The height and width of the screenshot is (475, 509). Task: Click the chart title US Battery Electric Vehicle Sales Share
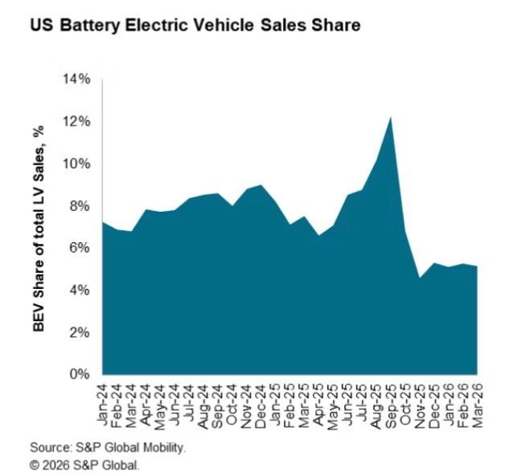click(x=195, y=26)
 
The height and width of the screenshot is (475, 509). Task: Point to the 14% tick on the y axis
click(x=75, y=79)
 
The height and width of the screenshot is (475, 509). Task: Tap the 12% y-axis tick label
click(x=75, y=122)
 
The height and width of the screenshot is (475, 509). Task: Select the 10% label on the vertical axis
click(x=75, y=163)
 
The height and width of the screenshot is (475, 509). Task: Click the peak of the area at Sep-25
click(x=391, y=118)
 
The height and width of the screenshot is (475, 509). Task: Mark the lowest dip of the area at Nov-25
click(x=419, y=278)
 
